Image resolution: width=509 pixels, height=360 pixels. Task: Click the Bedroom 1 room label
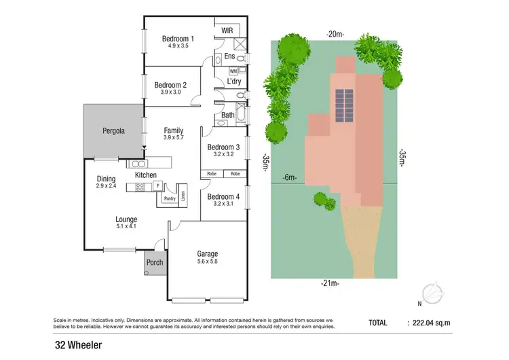click(178, 39)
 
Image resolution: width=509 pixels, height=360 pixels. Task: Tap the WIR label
click(227, 31)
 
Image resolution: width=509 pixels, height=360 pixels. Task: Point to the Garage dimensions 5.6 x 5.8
click(207, 262)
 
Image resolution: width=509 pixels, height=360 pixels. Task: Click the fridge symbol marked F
click(157, 185)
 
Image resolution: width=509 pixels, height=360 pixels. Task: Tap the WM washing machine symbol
click(233, 71)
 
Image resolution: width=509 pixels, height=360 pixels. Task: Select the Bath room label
click(228, 116)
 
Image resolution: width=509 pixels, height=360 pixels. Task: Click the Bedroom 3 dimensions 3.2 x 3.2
click(223, 154)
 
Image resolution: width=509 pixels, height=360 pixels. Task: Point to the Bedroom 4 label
click(223, 196)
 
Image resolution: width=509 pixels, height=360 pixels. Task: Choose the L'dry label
click(234, 82)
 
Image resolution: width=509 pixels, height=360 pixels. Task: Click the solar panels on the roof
click(345, 101)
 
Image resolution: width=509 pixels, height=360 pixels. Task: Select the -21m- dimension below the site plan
click(331, 283)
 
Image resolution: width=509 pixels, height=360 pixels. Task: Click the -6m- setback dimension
click(290, 178)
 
